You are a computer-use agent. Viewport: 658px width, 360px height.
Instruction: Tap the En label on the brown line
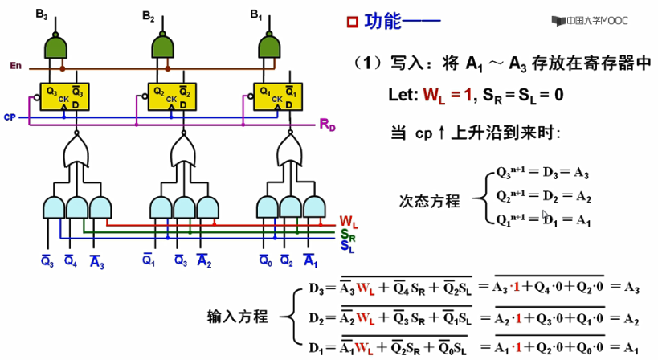coord(15,64)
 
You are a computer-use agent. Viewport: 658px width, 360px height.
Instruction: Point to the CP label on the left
coord(10,117)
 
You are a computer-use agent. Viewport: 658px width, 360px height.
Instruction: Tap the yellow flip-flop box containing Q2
coord(170,96)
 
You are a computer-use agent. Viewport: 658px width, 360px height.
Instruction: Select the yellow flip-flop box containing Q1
coord(276,96)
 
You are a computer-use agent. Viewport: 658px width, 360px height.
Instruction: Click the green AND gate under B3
coord(55,48)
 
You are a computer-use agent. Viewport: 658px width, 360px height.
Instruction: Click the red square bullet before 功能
coord(352,22)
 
